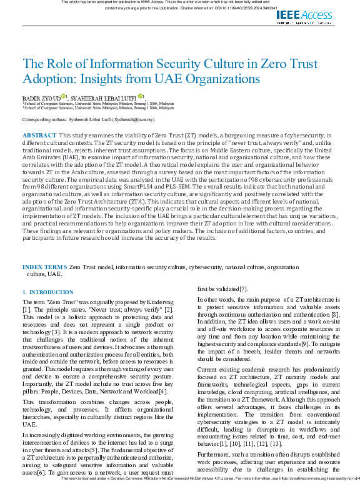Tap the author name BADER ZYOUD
[41, 98]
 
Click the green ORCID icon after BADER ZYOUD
[63, 97]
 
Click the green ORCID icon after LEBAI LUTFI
[141, 97]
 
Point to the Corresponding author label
[44, 118]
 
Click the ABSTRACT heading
[39, 135]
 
